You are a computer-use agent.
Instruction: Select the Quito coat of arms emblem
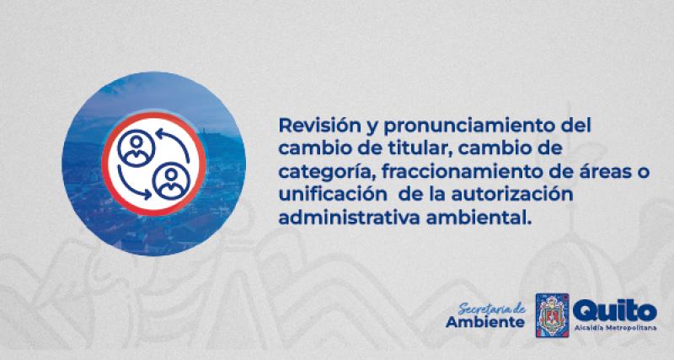(x=553, y=315)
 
